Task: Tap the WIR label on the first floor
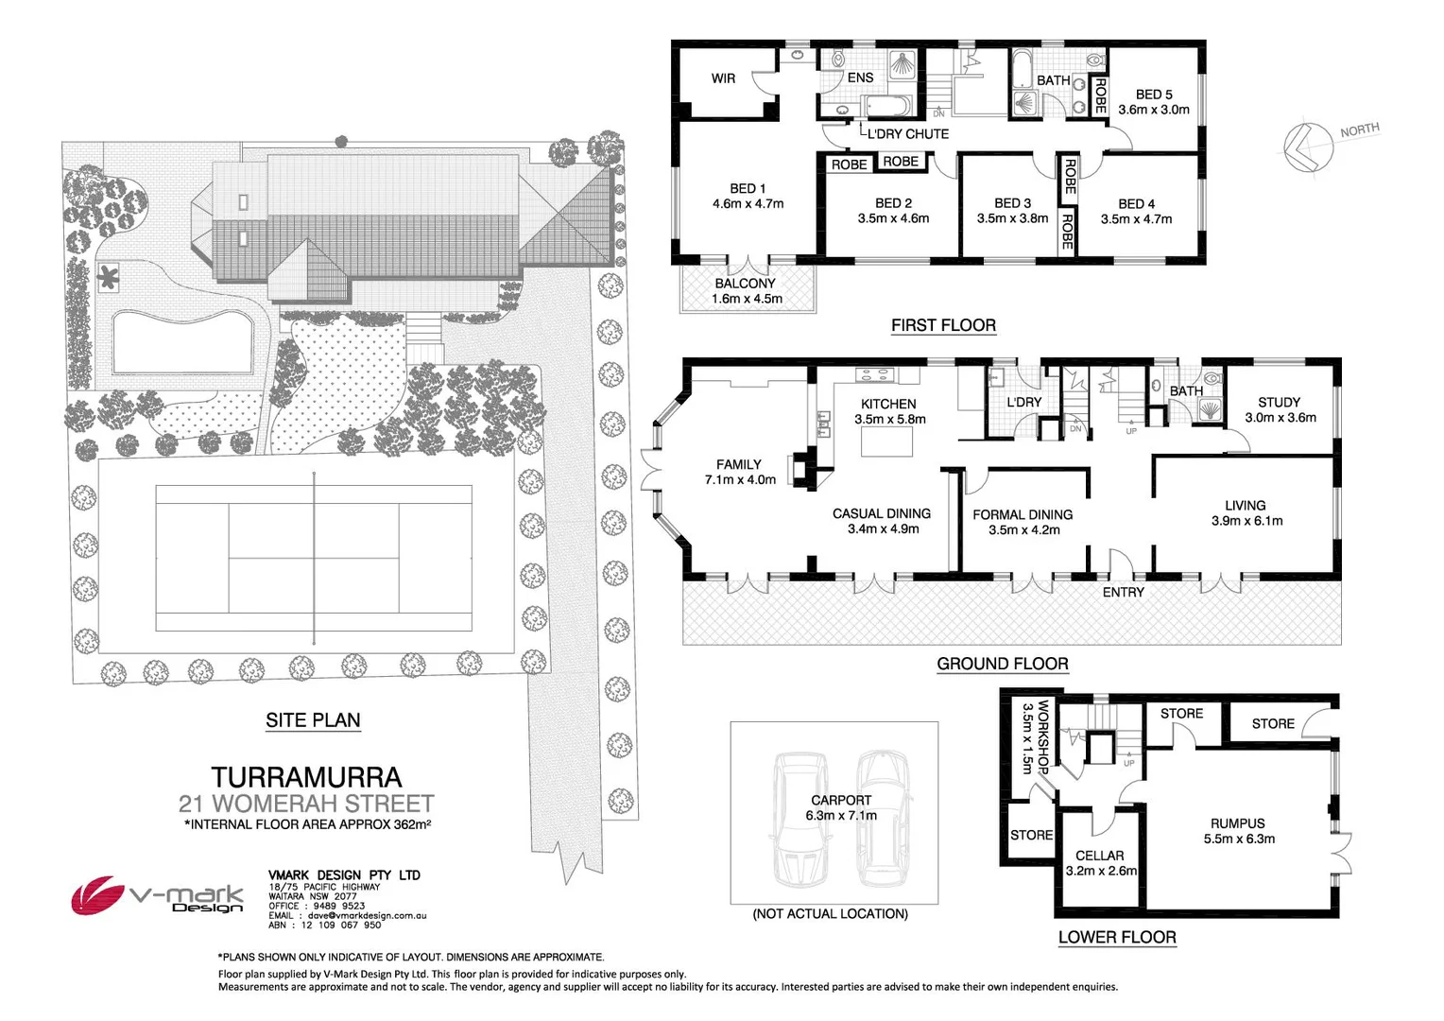723,78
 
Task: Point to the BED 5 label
1153,95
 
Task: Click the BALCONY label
745,284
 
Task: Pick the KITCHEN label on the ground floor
888,404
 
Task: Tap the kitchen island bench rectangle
886,442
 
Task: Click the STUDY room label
1279,402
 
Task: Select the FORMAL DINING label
1023,514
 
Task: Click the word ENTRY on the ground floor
1123,592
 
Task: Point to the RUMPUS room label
1237,823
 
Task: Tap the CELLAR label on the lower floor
1099,856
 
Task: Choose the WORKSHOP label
1043,736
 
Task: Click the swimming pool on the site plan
182,341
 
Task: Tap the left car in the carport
798,820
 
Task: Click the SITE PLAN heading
313,720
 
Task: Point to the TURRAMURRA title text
306,777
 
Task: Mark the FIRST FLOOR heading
943,325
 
